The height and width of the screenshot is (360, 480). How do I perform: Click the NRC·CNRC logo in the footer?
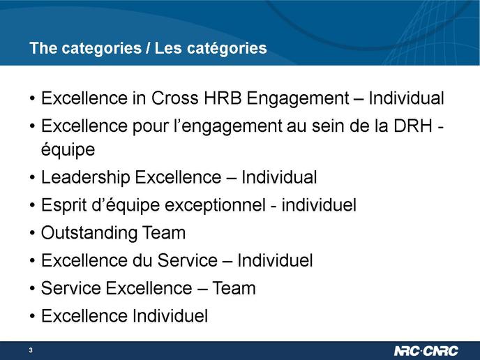426,350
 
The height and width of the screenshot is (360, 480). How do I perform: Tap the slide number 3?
31,350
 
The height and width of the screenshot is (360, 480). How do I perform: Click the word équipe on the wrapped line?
68,151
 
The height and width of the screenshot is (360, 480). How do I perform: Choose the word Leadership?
85,178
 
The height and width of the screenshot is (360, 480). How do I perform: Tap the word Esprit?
64,206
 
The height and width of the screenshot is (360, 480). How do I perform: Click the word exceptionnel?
215,206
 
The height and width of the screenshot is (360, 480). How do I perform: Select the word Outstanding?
89,233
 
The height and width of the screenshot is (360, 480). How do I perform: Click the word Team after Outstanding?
164,233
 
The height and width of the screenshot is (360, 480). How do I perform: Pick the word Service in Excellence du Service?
188,260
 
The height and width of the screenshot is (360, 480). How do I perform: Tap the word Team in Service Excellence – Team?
234,288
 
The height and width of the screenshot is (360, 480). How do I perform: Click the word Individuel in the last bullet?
170,316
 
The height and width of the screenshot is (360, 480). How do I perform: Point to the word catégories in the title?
227,49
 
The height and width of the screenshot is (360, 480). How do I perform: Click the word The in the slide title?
43,48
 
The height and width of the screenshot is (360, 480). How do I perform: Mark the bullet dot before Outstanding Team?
33,233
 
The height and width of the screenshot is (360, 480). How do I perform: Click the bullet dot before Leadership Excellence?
33,178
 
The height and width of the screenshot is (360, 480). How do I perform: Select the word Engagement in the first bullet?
298,99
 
